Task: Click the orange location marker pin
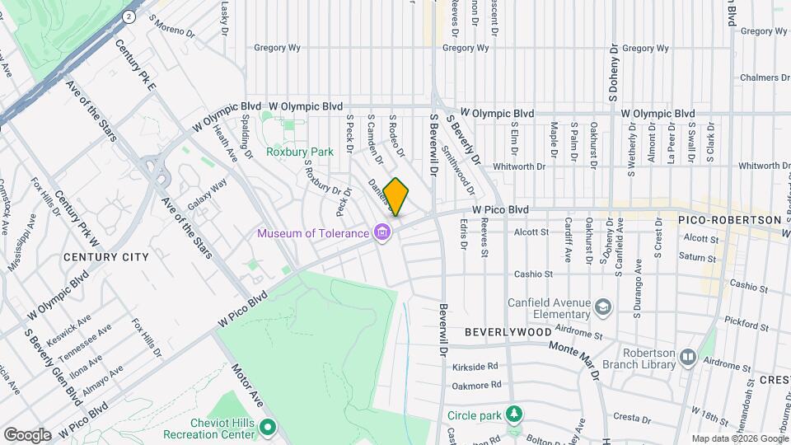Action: pos(396,197)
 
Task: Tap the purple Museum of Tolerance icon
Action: pos(382,233)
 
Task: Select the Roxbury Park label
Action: pos(299,152)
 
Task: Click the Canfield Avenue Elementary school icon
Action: pos(604,307)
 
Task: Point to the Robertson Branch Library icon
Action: pos(687,358)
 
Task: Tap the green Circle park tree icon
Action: pos(514,412)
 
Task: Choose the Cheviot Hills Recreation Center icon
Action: pos(267,428)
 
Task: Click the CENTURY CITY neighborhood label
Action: pos(106,257)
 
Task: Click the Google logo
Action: pos(27,434)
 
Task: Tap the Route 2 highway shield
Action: pos(129,16)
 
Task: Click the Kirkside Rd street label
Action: pos(475,366)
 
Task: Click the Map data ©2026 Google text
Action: pos(739,438)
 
